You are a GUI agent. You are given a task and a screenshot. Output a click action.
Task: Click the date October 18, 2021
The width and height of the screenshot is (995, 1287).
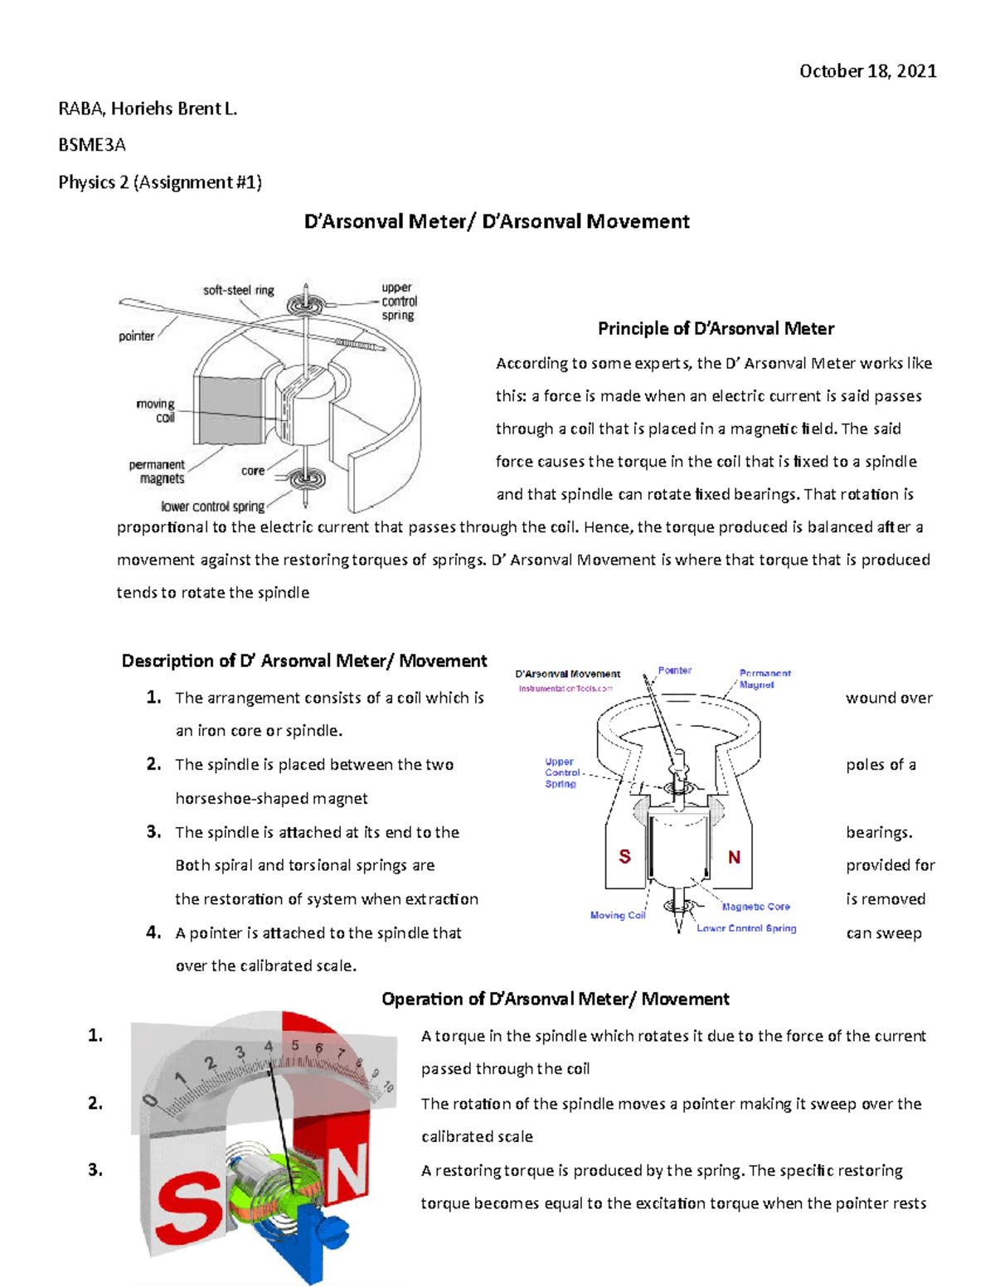[867, 71]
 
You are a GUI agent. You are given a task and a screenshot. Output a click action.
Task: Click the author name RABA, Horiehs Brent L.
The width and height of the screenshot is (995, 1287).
[148, 109]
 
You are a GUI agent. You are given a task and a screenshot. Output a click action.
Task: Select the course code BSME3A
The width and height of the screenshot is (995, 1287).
[92, 145]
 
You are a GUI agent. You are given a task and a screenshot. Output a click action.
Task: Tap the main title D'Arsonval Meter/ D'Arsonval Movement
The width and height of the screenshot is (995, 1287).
[497, 221]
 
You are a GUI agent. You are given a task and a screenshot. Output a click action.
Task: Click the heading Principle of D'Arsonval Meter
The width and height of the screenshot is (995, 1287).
[716, 329]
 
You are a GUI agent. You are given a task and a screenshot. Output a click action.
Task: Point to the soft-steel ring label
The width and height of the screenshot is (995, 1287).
[239, 290]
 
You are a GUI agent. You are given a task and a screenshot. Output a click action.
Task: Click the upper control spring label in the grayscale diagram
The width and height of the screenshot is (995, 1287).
[399, 302]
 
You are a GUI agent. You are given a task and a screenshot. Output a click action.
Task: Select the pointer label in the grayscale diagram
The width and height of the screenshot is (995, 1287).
[136, 336]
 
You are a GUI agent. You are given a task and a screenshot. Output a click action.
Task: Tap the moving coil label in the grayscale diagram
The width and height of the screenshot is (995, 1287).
[157, 411]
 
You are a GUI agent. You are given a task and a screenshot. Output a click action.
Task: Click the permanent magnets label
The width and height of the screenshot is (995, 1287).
[157, 472]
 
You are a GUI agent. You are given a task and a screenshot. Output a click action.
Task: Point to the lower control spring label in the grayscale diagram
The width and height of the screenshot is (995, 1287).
[212, 506]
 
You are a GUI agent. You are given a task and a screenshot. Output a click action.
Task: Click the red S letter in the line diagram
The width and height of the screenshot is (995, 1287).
[625, 857]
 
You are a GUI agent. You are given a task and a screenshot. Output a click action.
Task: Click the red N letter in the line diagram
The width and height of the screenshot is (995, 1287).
[734, 857]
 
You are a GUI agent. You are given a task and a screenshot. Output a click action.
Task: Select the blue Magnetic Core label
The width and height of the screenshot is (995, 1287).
[755, 907]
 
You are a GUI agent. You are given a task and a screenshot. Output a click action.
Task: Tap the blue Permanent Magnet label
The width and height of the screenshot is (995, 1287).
[764, 679]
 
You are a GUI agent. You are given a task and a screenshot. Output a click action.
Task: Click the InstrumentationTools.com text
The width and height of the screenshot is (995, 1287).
[565, 689]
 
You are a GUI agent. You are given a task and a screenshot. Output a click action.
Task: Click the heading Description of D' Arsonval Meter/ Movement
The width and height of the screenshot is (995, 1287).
[304, 660]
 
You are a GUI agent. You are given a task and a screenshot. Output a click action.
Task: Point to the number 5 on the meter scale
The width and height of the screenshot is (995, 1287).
[294, 1046]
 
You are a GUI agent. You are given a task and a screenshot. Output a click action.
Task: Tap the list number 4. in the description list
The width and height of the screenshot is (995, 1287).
[153, 932]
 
